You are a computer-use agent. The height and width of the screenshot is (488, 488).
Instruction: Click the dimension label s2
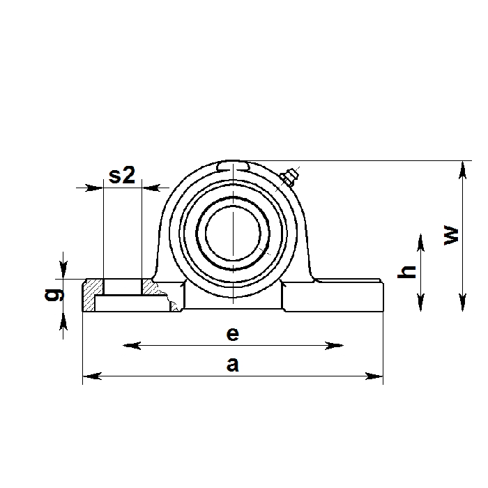click(x=122, y=175)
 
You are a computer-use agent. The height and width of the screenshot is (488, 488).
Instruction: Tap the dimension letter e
click(x=233, y=334)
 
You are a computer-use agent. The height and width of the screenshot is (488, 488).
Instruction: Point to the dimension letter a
click(x=233, y=365)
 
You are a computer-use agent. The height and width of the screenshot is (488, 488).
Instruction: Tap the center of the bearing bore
click(x=233, y=234)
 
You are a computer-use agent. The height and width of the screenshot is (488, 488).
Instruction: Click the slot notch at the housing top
click(x=233, y=166)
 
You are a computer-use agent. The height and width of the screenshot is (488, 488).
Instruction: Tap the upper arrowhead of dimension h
click(x=421, y=240)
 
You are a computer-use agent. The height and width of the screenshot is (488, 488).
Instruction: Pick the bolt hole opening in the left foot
click(x=122, y=287)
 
